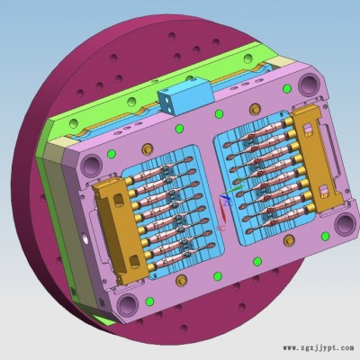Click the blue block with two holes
point(185,95)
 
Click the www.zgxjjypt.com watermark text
point(319,348)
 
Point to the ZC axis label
point(229,203)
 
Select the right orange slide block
point(318,158)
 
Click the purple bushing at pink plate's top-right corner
point(309,83)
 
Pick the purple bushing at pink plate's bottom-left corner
point(128,303)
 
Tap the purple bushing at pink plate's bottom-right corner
point(344,223)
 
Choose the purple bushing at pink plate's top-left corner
point(91,166)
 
